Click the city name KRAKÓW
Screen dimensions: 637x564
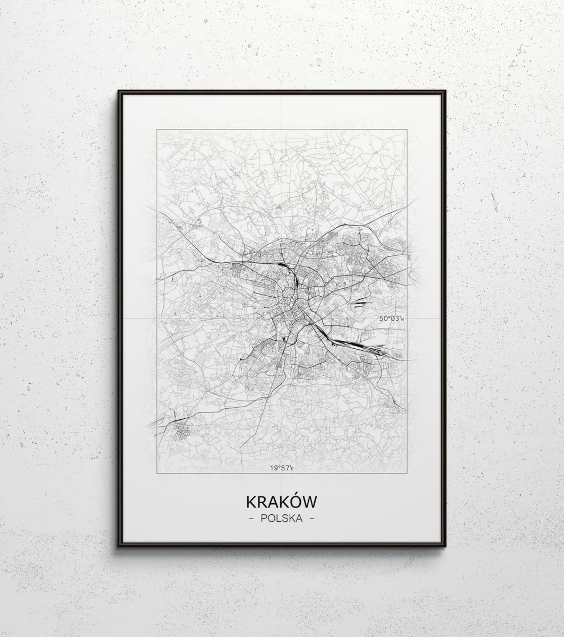click(x=281, y=502)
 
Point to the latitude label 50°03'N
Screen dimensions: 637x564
click(x=392, y=318)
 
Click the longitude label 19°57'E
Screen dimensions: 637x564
click(x=282, y=468)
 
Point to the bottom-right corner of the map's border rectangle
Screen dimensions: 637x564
click(x=407, y=472)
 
